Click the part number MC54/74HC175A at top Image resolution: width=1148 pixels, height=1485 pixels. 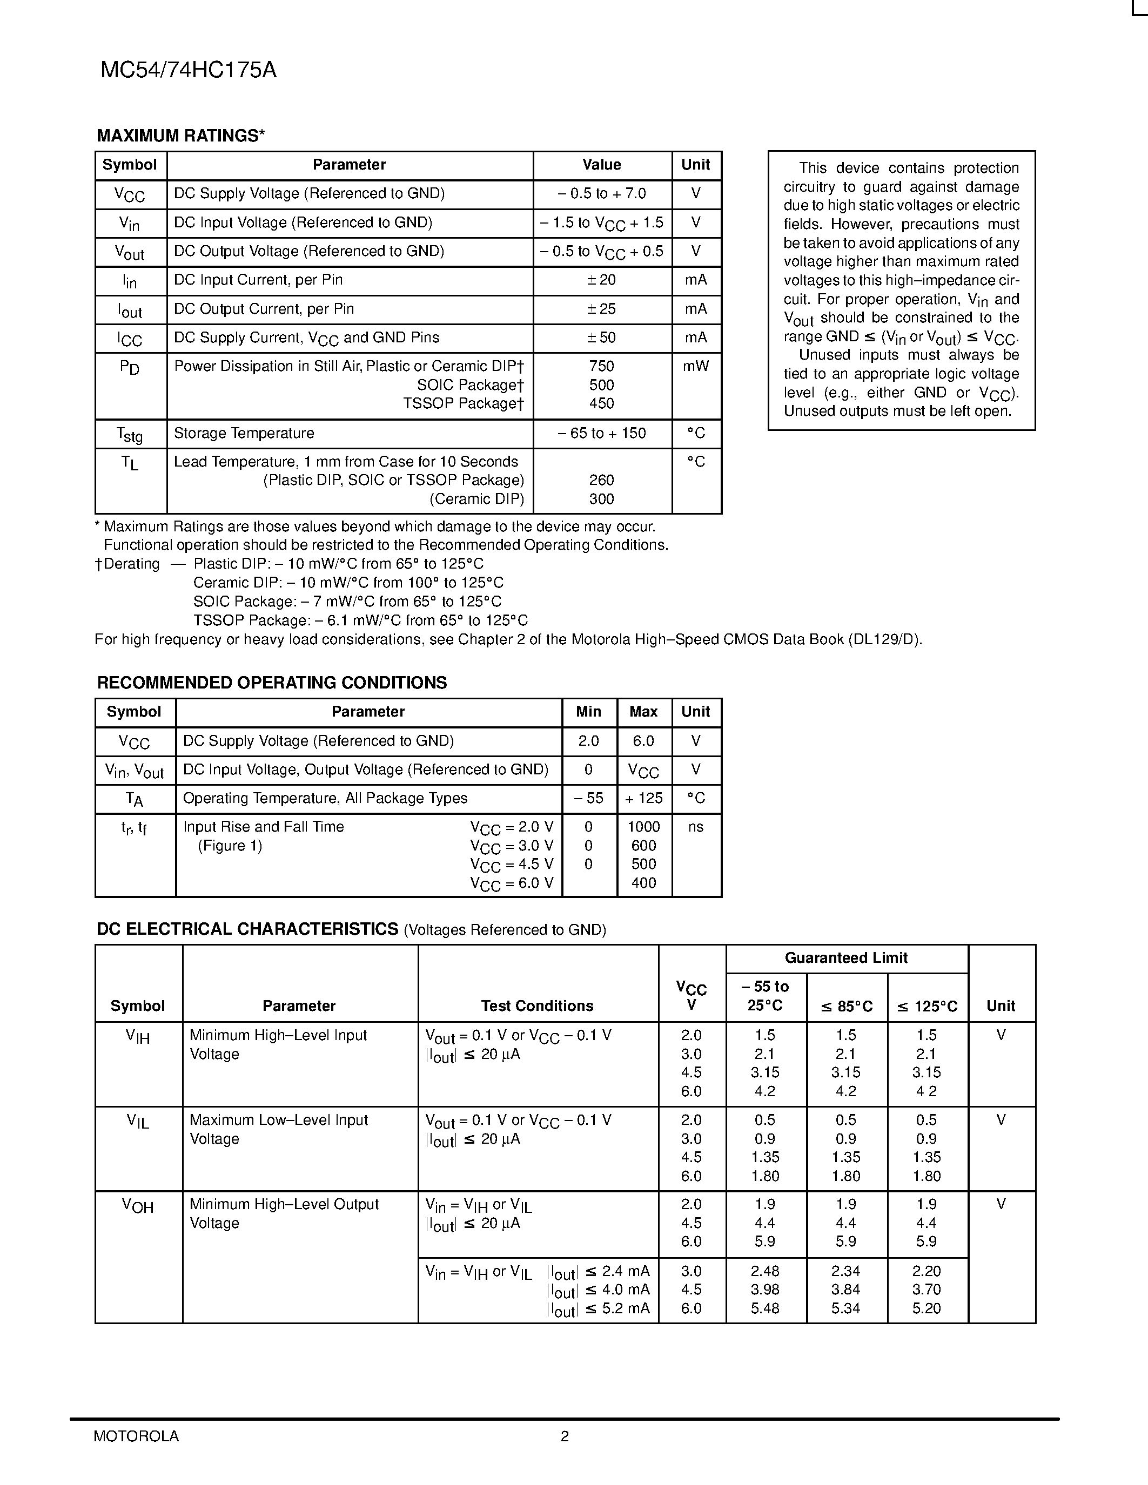point(189,71)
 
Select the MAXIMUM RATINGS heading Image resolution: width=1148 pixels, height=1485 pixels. point(180,136)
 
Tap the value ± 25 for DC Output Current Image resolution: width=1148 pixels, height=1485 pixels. point(601,309)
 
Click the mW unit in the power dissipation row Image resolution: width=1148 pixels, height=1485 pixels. point(696,367)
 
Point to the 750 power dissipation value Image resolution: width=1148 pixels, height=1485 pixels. point(601,367)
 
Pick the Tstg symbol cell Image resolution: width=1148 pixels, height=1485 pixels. point(129,434)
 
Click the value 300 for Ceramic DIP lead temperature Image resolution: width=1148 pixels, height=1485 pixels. point(601,499)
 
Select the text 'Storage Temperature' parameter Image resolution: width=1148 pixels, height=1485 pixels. point(244,434)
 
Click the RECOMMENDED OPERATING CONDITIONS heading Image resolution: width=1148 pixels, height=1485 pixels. point(272,683)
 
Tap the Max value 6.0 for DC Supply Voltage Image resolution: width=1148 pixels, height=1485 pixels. point(643,741)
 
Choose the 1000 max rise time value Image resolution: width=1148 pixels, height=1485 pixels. point(643,827)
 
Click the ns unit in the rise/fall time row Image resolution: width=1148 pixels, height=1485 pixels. point(696,827)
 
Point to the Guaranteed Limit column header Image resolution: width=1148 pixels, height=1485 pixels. point(846,958)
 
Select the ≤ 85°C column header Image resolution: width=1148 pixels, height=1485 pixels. point(846,1007)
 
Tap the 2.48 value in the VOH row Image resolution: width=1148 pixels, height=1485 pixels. point(765,1271)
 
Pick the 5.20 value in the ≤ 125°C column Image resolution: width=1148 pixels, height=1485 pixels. point(927,1308)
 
